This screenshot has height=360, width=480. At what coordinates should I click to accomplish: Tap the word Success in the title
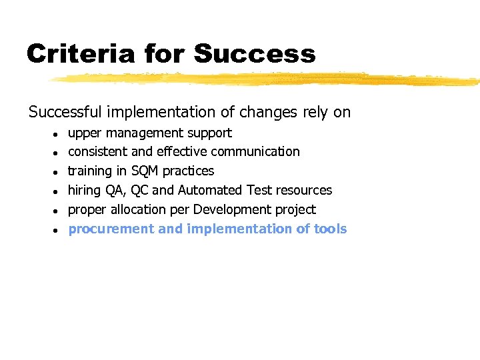tap(255, 53)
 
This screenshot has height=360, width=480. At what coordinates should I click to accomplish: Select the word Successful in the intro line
tap(65, 112)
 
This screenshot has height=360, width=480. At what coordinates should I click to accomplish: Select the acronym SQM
tap(146, 171)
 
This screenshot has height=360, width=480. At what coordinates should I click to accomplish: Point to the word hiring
tap(84, 190)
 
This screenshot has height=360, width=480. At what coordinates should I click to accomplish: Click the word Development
tap(231, 209)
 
